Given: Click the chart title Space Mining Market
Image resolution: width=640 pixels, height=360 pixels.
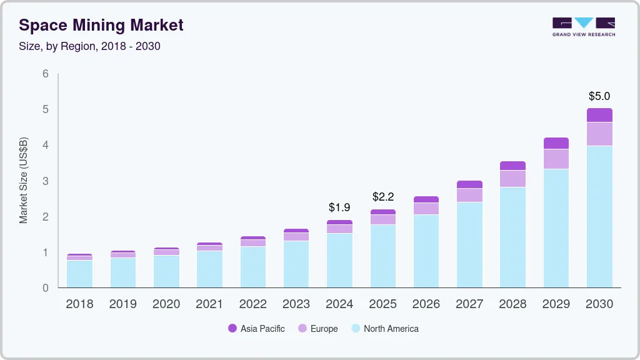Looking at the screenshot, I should point(101,25).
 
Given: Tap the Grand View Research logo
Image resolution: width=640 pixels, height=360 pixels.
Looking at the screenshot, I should point(583,27).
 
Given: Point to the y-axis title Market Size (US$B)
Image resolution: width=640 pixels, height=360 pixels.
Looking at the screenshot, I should point(24,181).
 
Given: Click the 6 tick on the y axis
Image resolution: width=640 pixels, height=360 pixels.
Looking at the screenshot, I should point(45,74).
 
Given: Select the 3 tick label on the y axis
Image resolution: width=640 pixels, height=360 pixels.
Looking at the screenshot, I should point(45,181).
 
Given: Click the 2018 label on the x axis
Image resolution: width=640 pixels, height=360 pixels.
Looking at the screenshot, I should point(79,304).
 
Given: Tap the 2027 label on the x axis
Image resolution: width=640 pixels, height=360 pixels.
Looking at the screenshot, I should point(469,304).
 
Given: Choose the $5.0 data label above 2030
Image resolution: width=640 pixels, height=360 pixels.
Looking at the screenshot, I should point(599,96).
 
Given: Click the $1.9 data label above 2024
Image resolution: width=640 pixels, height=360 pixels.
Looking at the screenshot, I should point(339,207).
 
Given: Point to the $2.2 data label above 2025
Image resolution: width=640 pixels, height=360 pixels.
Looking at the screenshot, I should point(383,197).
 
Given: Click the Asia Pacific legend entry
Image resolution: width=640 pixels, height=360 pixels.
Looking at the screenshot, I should point(256,329).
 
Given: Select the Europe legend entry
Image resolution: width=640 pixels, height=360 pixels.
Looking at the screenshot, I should point(318,329).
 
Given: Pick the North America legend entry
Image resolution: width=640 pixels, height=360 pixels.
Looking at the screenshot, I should point(384,329).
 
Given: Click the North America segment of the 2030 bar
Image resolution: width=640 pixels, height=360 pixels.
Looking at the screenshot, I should point(599,216).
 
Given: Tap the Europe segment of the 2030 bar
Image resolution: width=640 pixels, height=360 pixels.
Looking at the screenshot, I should point(599,134).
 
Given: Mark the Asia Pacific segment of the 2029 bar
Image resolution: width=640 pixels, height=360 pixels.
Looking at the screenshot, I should point(556,143).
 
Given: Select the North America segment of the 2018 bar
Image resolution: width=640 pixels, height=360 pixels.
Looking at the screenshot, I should point(79,274).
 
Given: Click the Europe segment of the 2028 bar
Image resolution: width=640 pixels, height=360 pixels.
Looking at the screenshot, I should point(513,179).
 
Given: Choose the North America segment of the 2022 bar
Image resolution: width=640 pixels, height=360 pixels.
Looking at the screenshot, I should point(253,267).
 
